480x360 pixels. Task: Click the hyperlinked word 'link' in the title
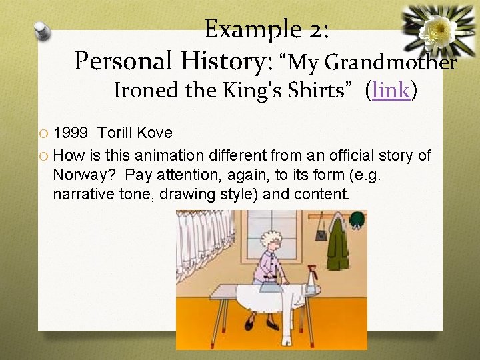(391, 89)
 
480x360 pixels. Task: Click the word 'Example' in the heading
(244, 29)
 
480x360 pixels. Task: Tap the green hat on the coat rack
(358, 219)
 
